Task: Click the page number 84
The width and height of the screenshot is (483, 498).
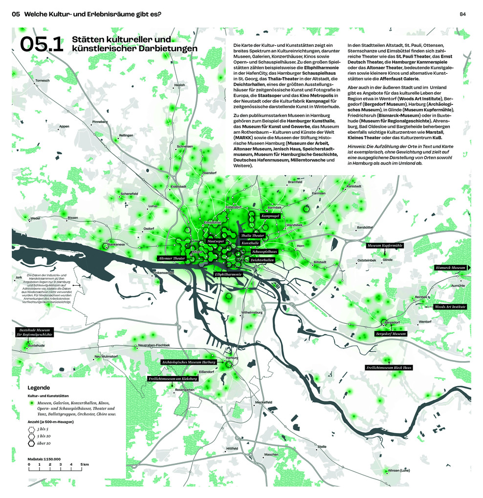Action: click(462, 14)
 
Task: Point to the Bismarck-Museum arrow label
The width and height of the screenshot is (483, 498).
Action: click(451, 268)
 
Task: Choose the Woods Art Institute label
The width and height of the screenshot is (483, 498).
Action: click(450, 307)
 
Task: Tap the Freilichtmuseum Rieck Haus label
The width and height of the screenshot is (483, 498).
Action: click(389, 367)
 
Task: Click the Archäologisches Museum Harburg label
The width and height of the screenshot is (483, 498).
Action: click(189, 362)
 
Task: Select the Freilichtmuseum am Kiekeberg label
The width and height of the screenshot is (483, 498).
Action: click(173, 378)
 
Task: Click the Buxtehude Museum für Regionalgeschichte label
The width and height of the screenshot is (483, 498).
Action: click(34, 332)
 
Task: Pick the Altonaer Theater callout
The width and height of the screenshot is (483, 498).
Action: click(172, 258)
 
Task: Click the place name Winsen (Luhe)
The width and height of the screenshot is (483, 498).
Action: click(398, 470)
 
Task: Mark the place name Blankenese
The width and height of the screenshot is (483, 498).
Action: click(116, 244)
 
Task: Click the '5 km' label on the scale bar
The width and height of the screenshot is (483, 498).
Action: click(84, 464)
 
